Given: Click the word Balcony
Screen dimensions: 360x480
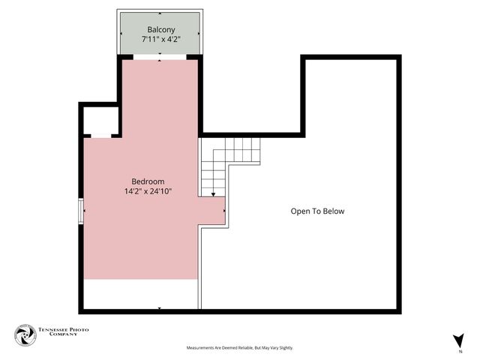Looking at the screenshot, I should [x=161, y=30].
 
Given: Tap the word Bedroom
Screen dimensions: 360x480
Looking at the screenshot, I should [x=148, y=181].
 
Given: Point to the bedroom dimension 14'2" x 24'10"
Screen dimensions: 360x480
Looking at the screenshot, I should [x=148, y=192].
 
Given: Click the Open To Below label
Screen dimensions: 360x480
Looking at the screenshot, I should [x=317, y=211].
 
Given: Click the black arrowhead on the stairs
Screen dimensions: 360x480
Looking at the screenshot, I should [x=214, y=195].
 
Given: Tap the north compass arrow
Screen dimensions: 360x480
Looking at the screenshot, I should [x=458, y=340].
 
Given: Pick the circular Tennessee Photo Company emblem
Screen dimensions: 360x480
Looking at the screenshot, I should [x=25, y=335].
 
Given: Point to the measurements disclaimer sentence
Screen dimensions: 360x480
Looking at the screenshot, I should [x=240, y=348].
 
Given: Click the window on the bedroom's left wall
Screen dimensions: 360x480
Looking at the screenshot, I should [x=82, y=211].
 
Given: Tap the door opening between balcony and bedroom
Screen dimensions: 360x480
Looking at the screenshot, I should [x=161, y=57].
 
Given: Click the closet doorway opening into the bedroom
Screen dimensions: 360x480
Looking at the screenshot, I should [x=100, y=136].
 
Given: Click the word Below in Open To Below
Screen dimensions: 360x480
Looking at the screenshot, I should [x=333, y=211].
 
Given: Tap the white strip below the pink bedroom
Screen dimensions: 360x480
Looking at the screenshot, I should [x=140, y=293].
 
